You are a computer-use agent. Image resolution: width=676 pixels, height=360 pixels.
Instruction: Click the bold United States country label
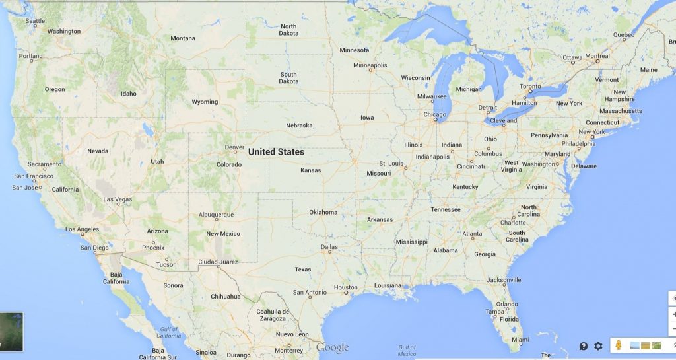coord(276,152)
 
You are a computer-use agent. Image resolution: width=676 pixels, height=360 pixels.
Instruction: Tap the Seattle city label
coord(35,21)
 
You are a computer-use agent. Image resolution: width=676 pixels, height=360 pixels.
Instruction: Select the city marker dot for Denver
coord(234,153)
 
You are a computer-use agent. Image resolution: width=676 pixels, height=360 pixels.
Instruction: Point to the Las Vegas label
coord(118,199)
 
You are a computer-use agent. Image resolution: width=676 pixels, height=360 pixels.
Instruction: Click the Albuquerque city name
coord(216,215)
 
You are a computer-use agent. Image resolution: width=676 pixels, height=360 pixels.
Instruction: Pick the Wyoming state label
coord(205,102)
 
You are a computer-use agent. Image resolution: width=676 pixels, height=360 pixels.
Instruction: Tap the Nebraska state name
coord(299,126)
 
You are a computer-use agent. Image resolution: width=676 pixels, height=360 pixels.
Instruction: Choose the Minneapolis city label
coord(370,65)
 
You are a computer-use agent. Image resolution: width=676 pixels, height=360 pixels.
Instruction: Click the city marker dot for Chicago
coord(436,120)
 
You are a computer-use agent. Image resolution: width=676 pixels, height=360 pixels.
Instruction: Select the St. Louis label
coord(391,163)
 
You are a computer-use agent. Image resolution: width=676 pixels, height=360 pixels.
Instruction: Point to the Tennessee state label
coord(446,209)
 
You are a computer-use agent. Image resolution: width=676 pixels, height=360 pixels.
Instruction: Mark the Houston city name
coord(345,287)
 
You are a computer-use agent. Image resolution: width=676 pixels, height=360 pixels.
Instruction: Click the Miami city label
coord(520,340)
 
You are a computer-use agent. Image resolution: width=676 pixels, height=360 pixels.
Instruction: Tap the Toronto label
coord(529,87)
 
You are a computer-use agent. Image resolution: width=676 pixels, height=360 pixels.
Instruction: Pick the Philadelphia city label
coord(578,143)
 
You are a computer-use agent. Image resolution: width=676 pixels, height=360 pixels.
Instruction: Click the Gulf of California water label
coord(168,332)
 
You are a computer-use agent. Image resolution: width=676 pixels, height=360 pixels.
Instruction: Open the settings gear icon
coord(598,346)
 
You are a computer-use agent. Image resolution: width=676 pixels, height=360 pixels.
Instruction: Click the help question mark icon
coord(584,346)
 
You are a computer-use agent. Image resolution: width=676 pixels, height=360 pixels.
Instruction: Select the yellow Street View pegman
coord(619,345)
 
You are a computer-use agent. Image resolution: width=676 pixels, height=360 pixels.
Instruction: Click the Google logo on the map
coord(332,348)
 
